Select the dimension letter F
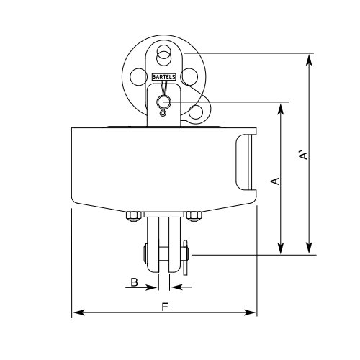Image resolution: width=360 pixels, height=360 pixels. (x=165, y=305)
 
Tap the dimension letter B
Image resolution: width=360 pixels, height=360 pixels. (x=135, y=283)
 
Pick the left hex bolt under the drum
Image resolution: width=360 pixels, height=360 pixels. (x=132, y=215)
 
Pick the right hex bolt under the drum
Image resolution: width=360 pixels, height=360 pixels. (x=194, y=215)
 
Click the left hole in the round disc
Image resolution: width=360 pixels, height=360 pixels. (x=138, y=77)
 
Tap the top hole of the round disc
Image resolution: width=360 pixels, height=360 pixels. (x=164, y=52)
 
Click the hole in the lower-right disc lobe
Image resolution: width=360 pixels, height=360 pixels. (x=195, y=112)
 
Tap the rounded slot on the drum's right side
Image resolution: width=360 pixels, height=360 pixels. (x=243, y=163)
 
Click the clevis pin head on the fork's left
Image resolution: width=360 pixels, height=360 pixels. (x=146, y=254)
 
